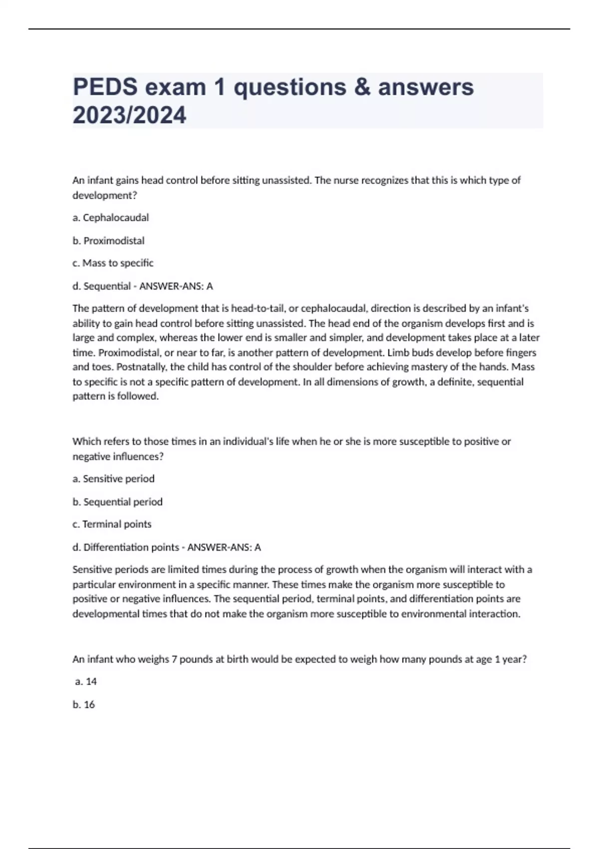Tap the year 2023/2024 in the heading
(129, 115)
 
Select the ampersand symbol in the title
(362, 87)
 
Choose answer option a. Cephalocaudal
(110, 218)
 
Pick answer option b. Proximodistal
(108, 241)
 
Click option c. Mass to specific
(113, 263)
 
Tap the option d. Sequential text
(101, 286)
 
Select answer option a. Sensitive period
(113, 479)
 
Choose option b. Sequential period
(117, 502)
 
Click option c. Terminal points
(112, 524)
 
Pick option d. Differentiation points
(125, 547)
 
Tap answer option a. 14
(86, 682)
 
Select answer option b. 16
(83, 705)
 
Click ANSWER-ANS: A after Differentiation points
(224, 547)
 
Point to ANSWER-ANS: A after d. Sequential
(176, 286)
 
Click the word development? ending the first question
(104, 195)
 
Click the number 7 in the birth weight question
(174, 659)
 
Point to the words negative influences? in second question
(118, 456)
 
